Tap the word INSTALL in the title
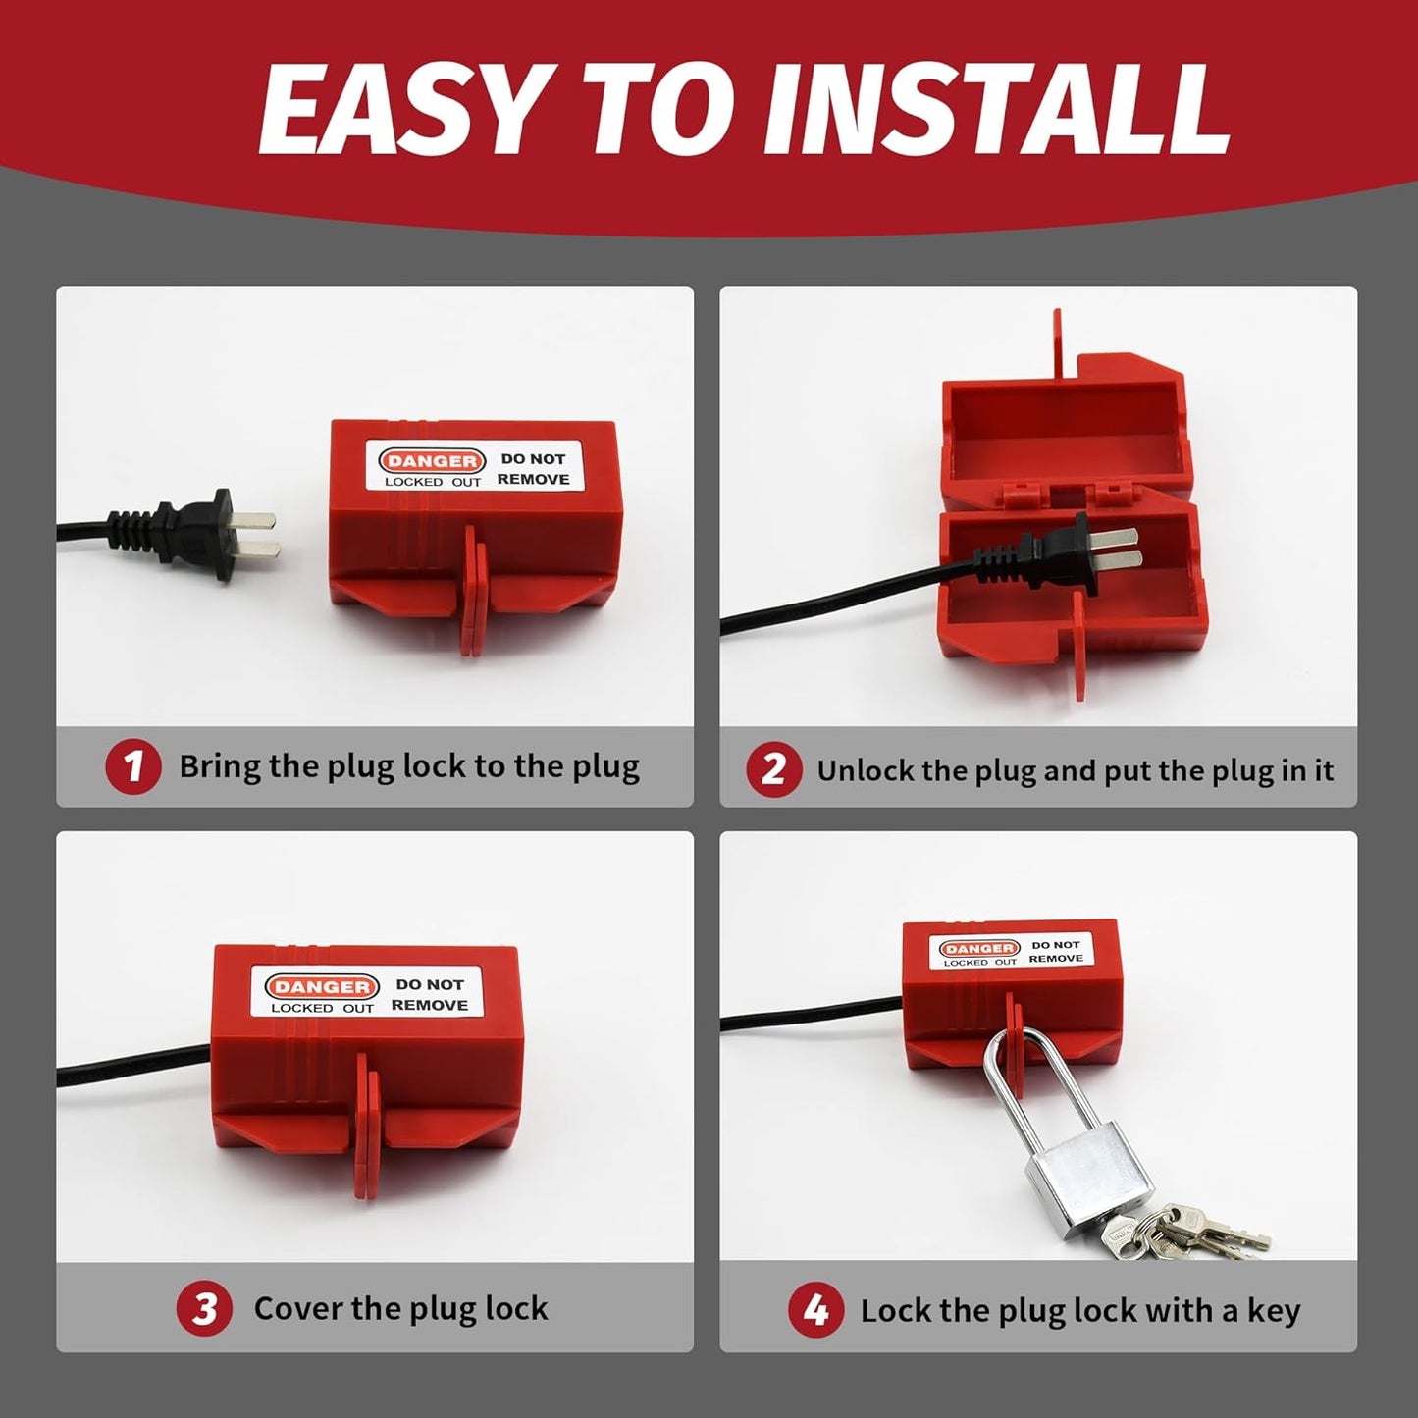click(997, 110)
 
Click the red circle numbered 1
click(133, 766)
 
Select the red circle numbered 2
click(773, 769)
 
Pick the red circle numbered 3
click(204, 1309)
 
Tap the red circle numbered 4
click(815, 1311)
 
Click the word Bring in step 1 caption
click(219, 767)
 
